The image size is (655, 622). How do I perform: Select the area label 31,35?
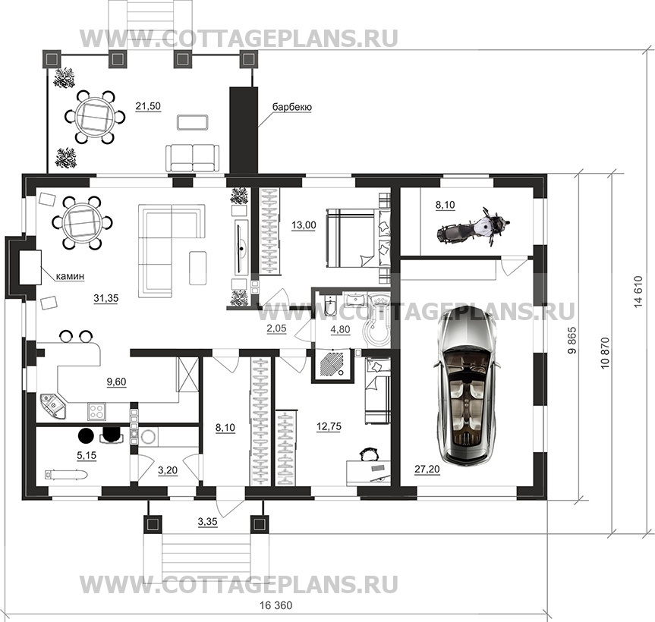tap(105, 298)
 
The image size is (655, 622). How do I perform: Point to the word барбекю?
tap(292, 107)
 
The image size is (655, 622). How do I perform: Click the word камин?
tap(71, 276)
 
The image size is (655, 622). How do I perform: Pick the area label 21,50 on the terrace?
tap(148, 106)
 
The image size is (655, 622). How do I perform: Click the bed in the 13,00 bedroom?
tap(357, 238)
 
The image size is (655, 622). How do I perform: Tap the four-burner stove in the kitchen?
tap(97, 411)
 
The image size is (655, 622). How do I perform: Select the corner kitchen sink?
tap(53, 405)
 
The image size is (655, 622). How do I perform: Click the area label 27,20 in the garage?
tap(427, 470)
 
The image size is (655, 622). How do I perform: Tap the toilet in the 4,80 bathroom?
tap(329, 304)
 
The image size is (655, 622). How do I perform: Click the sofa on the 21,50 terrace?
tap(193, 157)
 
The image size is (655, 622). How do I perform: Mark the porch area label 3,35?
tap(208, 521)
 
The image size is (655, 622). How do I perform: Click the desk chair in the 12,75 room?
tap(367, 454)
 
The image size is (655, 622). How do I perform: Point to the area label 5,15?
tap(87, 455)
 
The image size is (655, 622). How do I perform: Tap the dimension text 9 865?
tap(572, 341)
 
